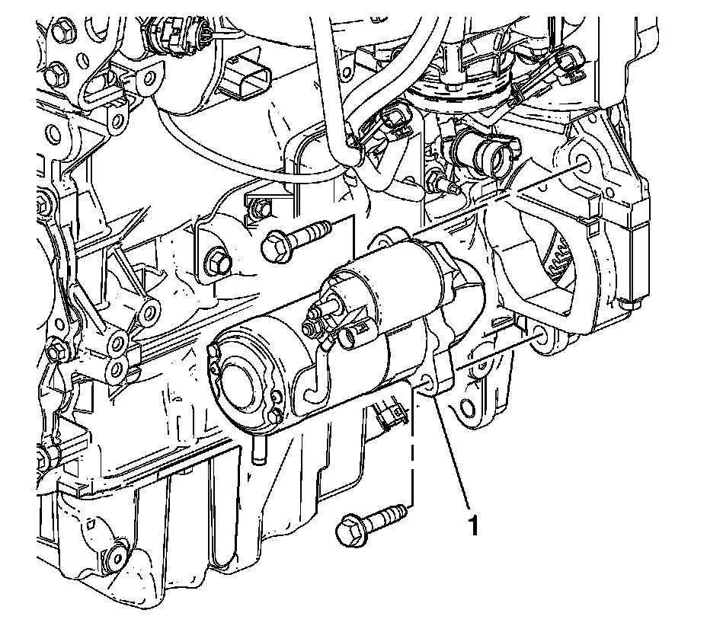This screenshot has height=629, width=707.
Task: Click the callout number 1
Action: pyautogui.click(x=473, y=525)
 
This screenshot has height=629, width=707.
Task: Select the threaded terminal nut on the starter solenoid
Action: pyautogui.click(x=311, y=327)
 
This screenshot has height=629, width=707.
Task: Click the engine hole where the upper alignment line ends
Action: pyautogui.click(x=581, y=163)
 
